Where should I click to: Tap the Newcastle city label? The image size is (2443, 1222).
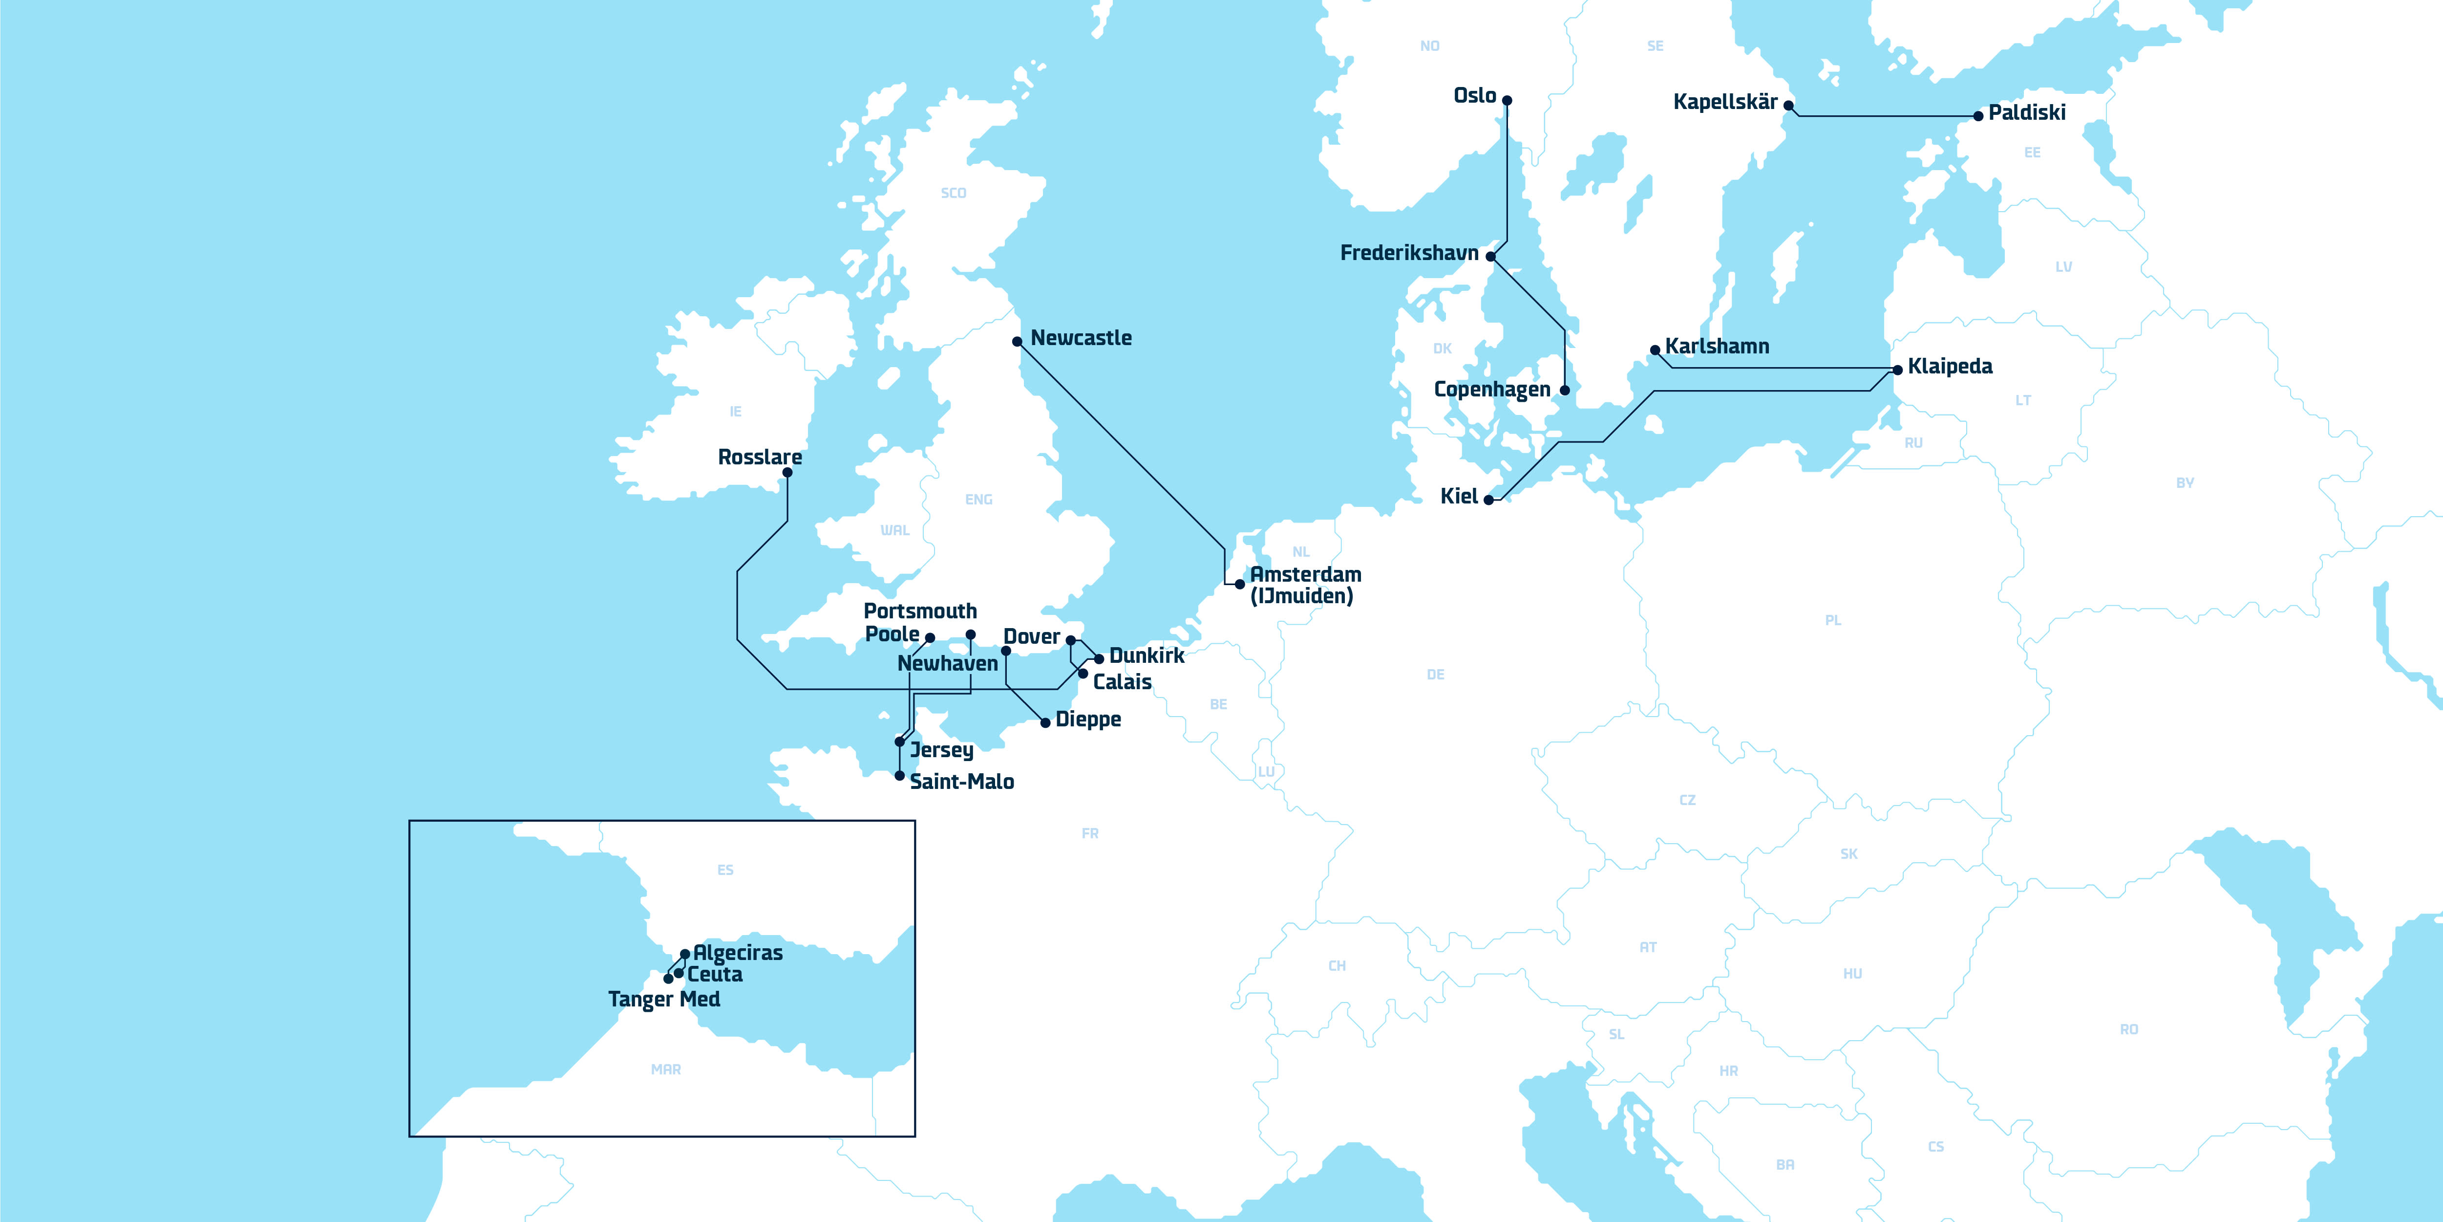pos(1081,338)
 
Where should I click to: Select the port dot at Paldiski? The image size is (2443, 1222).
pos(1978,116)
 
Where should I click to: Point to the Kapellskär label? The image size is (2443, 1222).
pos(1725,102)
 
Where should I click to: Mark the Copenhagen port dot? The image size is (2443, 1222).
pos(1565,390)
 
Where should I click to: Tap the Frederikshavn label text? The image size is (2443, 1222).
pos(1409,253)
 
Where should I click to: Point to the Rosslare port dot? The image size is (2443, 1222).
pos(787,473)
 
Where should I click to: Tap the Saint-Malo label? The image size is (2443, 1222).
pos(962,782)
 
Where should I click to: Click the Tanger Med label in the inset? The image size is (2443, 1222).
pos(664,999)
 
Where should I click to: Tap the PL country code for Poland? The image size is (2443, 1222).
pos(1833,620)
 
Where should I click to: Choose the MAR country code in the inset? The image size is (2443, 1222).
pos(666,1069)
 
